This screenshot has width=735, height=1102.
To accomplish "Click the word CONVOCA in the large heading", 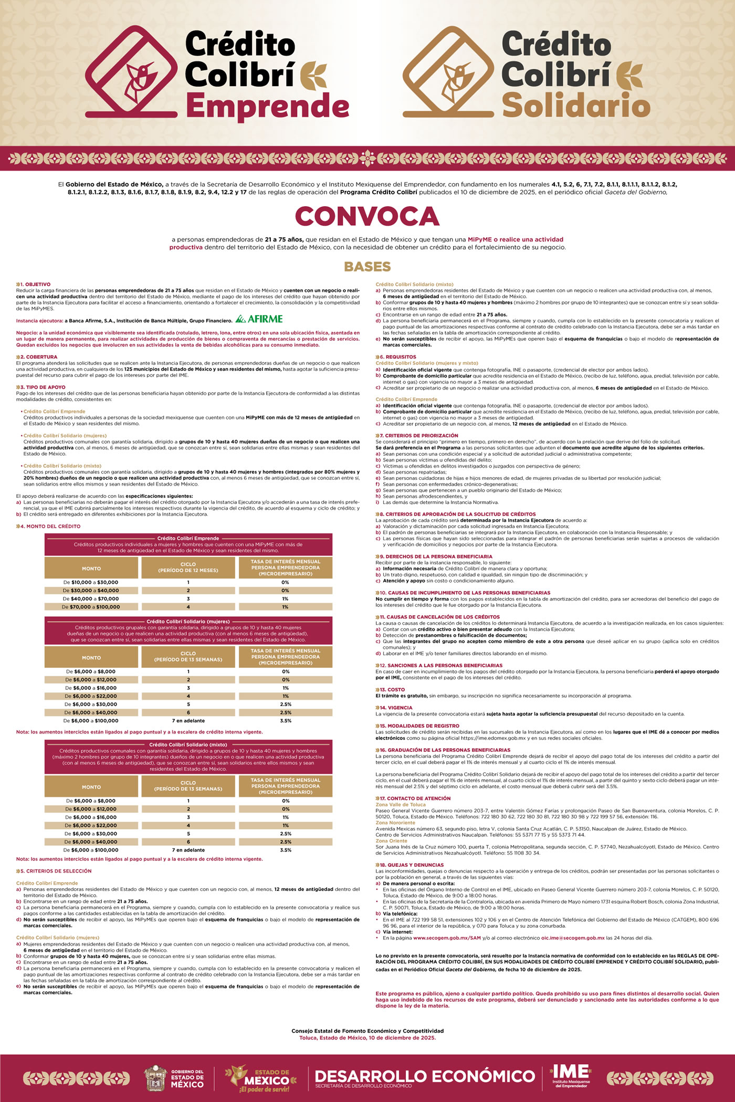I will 367,216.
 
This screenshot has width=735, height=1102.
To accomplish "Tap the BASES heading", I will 367,267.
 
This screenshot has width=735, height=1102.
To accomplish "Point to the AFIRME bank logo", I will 259,319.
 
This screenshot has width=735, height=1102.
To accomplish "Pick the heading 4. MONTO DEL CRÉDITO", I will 50,526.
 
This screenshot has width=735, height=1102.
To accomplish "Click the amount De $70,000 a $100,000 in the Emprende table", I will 91,607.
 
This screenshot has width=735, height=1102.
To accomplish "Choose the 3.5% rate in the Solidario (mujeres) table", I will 286,721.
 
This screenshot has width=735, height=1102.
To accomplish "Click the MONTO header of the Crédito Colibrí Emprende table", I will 91,569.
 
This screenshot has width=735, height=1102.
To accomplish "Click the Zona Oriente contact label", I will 391,841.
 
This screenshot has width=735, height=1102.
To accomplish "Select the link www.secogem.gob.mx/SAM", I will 447,938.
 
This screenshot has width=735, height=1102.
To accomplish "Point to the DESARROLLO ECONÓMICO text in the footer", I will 425,1076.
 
